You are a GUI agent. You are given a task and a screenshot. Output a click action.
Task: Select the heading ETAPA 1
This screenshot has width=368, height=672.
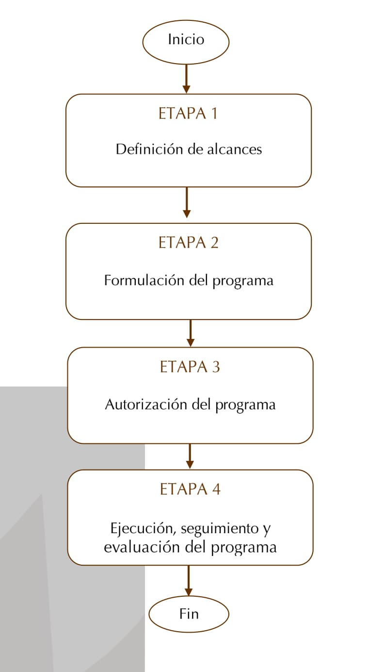pos(188,114)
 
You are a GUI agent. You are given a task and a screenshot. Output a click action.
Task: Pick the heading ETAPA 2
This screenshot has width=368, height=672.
pos(189,242)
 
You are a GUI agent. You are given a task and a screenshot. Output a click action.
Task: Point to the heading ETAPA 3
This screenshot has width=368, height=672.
pos(190,367)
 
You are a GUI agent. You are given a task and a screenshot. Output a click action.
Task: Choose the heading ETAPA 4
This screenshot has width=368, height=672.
pos(190,489)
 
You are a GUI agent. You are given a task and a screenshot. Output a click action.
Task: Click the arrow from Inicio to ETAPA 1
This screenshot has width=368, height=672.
pos(186,79)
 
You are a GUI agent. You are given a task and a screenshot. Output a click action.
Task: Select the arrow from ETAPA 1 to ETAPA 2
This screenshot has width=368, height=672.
pos(187,202)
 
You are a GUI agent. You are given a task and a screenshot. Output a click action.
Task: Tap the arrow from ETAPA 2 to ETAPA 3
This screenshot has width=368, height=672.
pos(190,333)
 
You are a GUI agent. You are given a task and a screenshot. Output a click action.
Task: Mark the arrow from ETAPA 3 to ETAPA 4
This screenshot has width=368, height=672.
pos(190,456)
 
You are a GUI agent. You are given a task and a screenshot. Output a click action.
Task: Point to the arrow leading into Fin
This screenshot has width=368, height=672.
pos(189,581)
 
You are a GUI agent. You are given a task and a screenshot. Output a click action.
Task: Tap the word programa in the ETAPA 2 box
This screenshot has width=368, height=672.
pos(243,282)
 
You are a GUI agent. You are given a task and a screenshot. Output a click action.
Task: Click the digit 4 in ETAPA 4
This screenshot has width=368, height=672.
pos(216,489)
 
